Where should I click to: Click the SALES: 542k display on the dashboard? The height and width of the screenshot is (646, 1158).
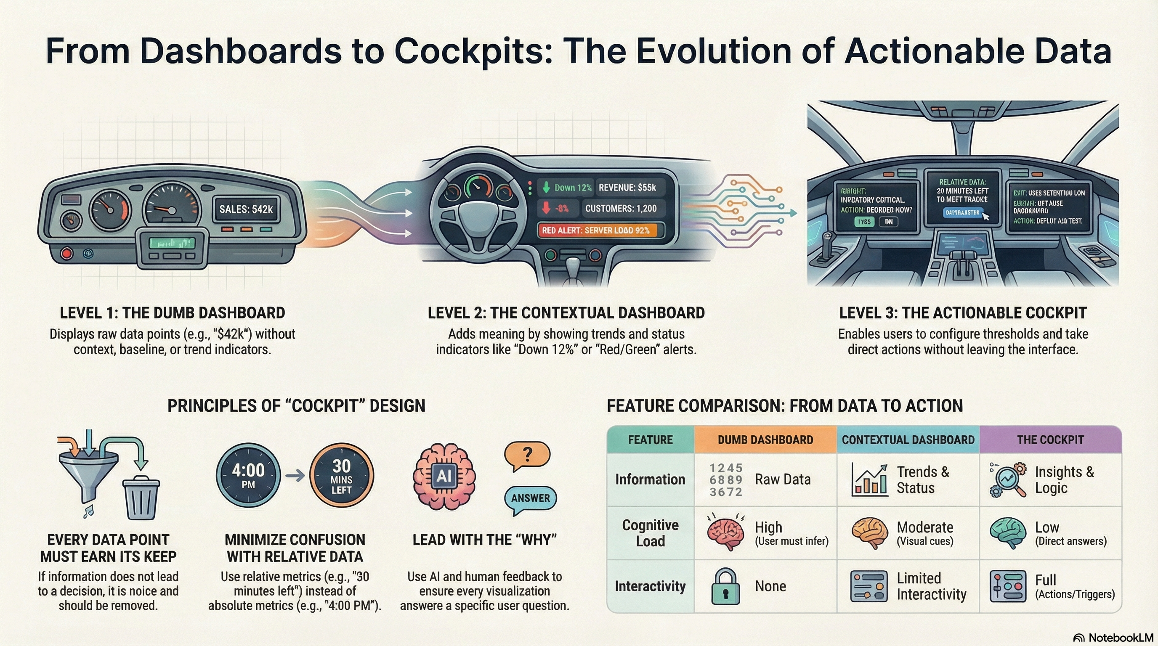[x=246, y=209]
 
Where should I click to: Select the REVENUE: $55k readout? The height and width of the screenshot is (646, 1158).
[x=627, y=187]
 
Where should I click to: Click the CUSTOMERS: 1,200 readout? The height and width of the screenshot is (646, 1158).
[x=620, y=209]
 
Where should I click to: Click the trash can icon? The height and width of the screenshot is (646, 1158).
[x=141, y=498]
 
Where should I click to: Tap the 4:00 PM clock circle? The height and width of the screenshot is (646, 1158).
[x=248, y=475]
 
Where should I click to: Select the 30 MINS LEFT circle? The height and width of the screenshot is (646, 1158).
[x=342, y=475]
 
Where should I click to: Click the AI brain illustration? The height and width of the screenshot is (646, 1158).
[x=444, y=476]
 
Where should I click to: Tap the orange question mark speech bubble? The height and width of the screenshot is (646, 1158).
[x=527, y=455]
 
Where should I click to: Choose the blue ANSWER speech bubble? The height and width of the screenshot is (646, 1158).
[x=531, y=498]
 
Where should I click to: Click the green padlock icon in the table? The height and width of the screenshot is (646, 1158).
[x=725, y=586]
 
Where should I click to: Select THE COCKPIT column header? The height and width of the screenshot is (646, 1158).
[x=1050, y=439]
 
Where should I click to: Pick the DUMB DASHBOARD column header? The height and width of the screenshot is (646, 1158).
[x=765, y=439]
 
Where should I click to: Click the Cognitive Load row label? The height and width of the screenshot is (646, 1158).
[x=650, y=533]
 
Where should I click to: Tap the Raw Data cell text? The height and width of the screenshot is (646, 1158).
[x=783, y=479]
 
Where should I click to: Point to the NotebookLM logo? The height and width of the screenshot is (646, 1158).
[x=1113, y=638]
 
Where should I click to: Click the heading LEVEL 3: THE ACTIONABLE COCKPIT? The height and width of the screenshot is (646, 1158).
[x=963, y=312]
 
